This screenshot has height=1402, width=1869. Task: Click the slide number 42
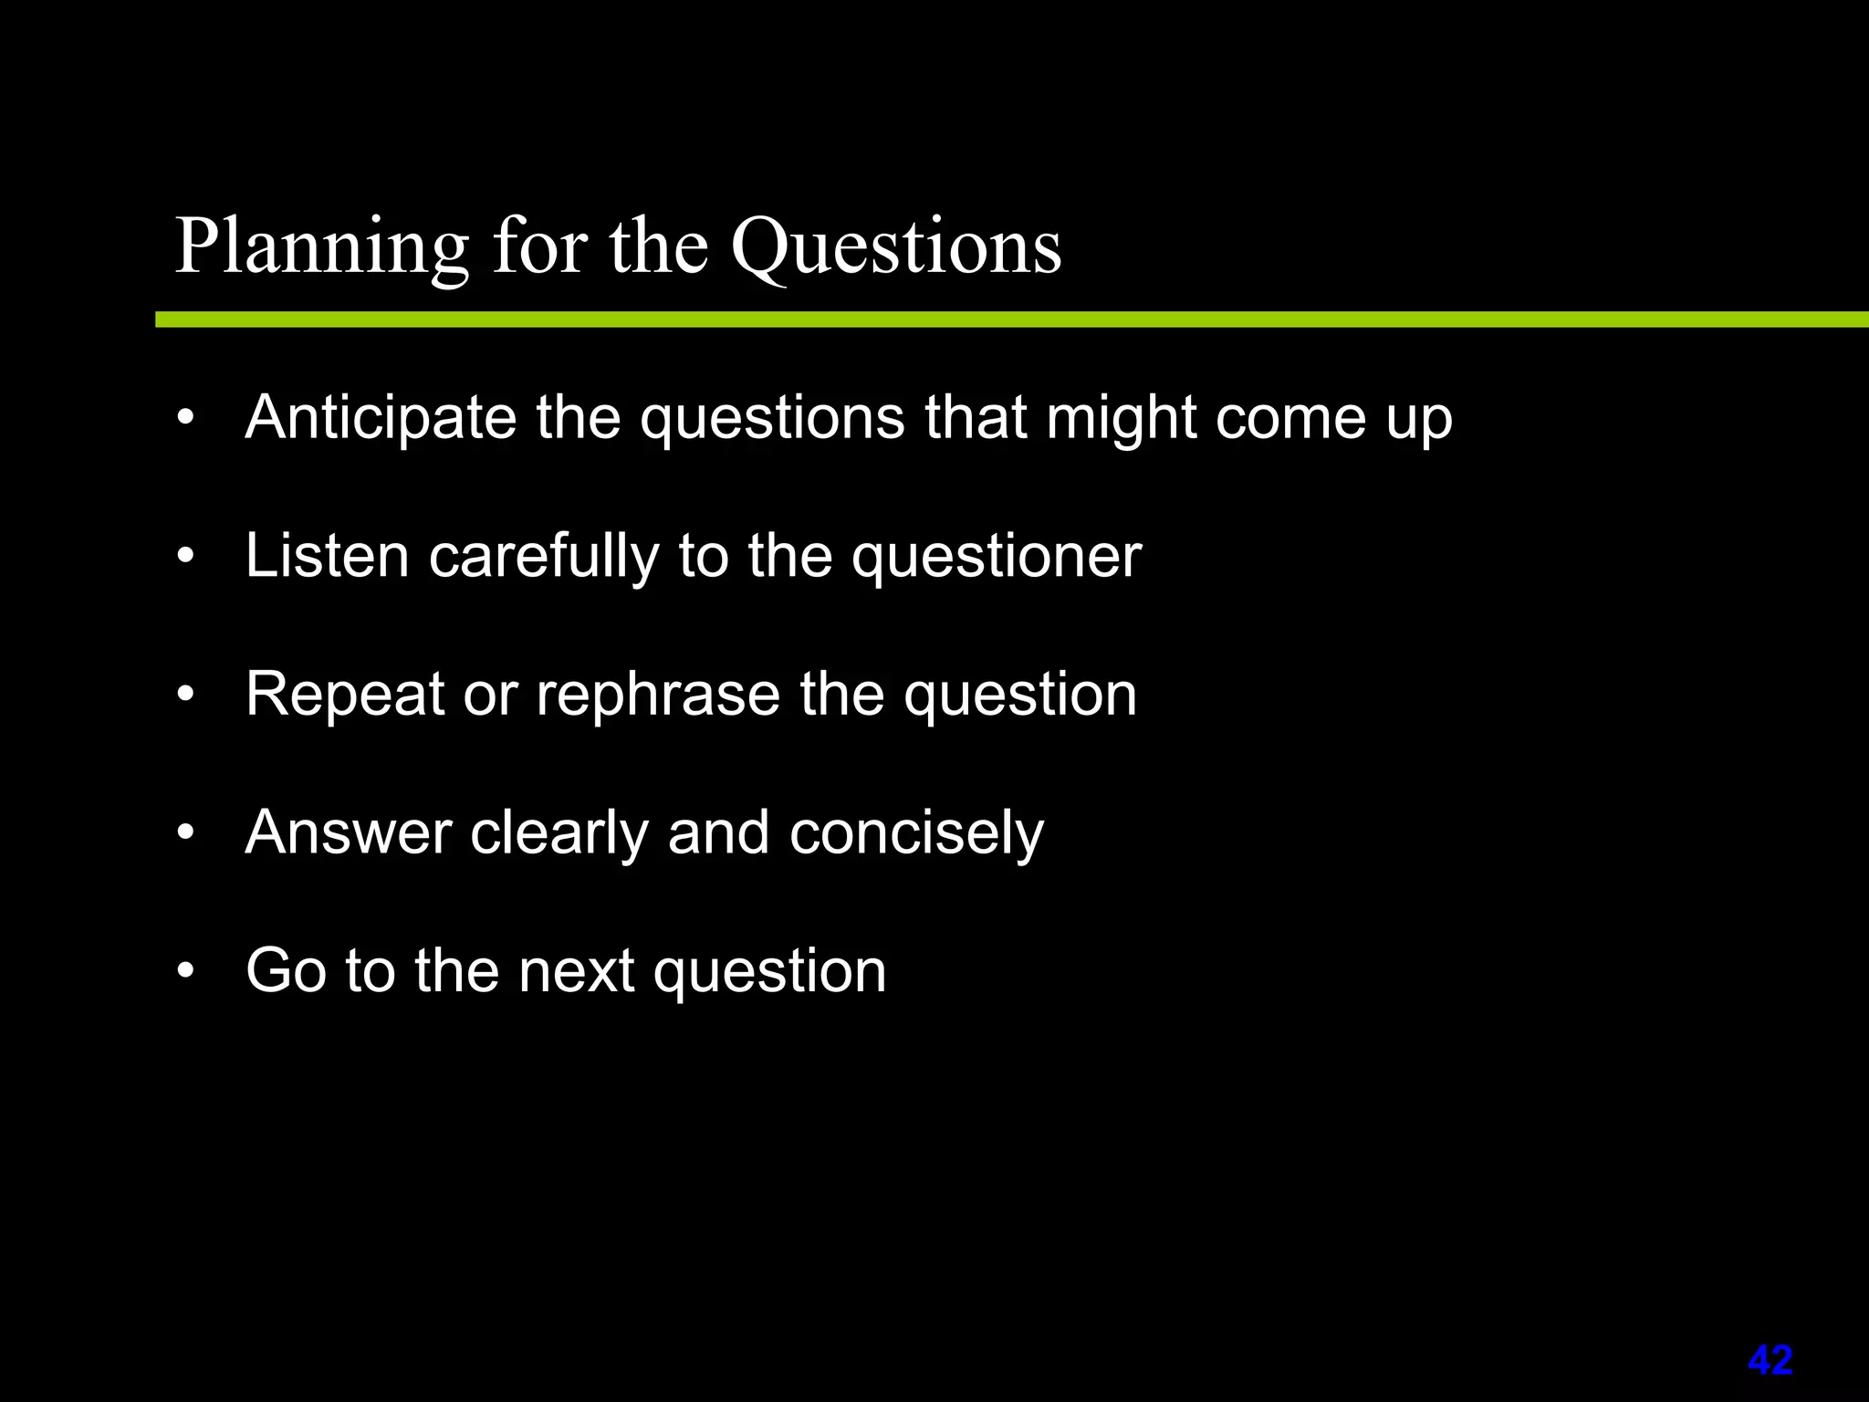coord(1770,1360)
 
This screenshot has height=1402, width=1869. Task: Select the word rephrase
coord(657,695)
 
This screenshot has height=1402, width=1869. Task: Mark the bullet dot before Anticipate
coord(186,419)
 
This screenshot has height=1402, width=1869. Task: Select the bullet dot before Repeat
coord(186,696)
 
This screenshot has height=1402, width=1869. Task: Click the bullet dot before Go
coord(186,971)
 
